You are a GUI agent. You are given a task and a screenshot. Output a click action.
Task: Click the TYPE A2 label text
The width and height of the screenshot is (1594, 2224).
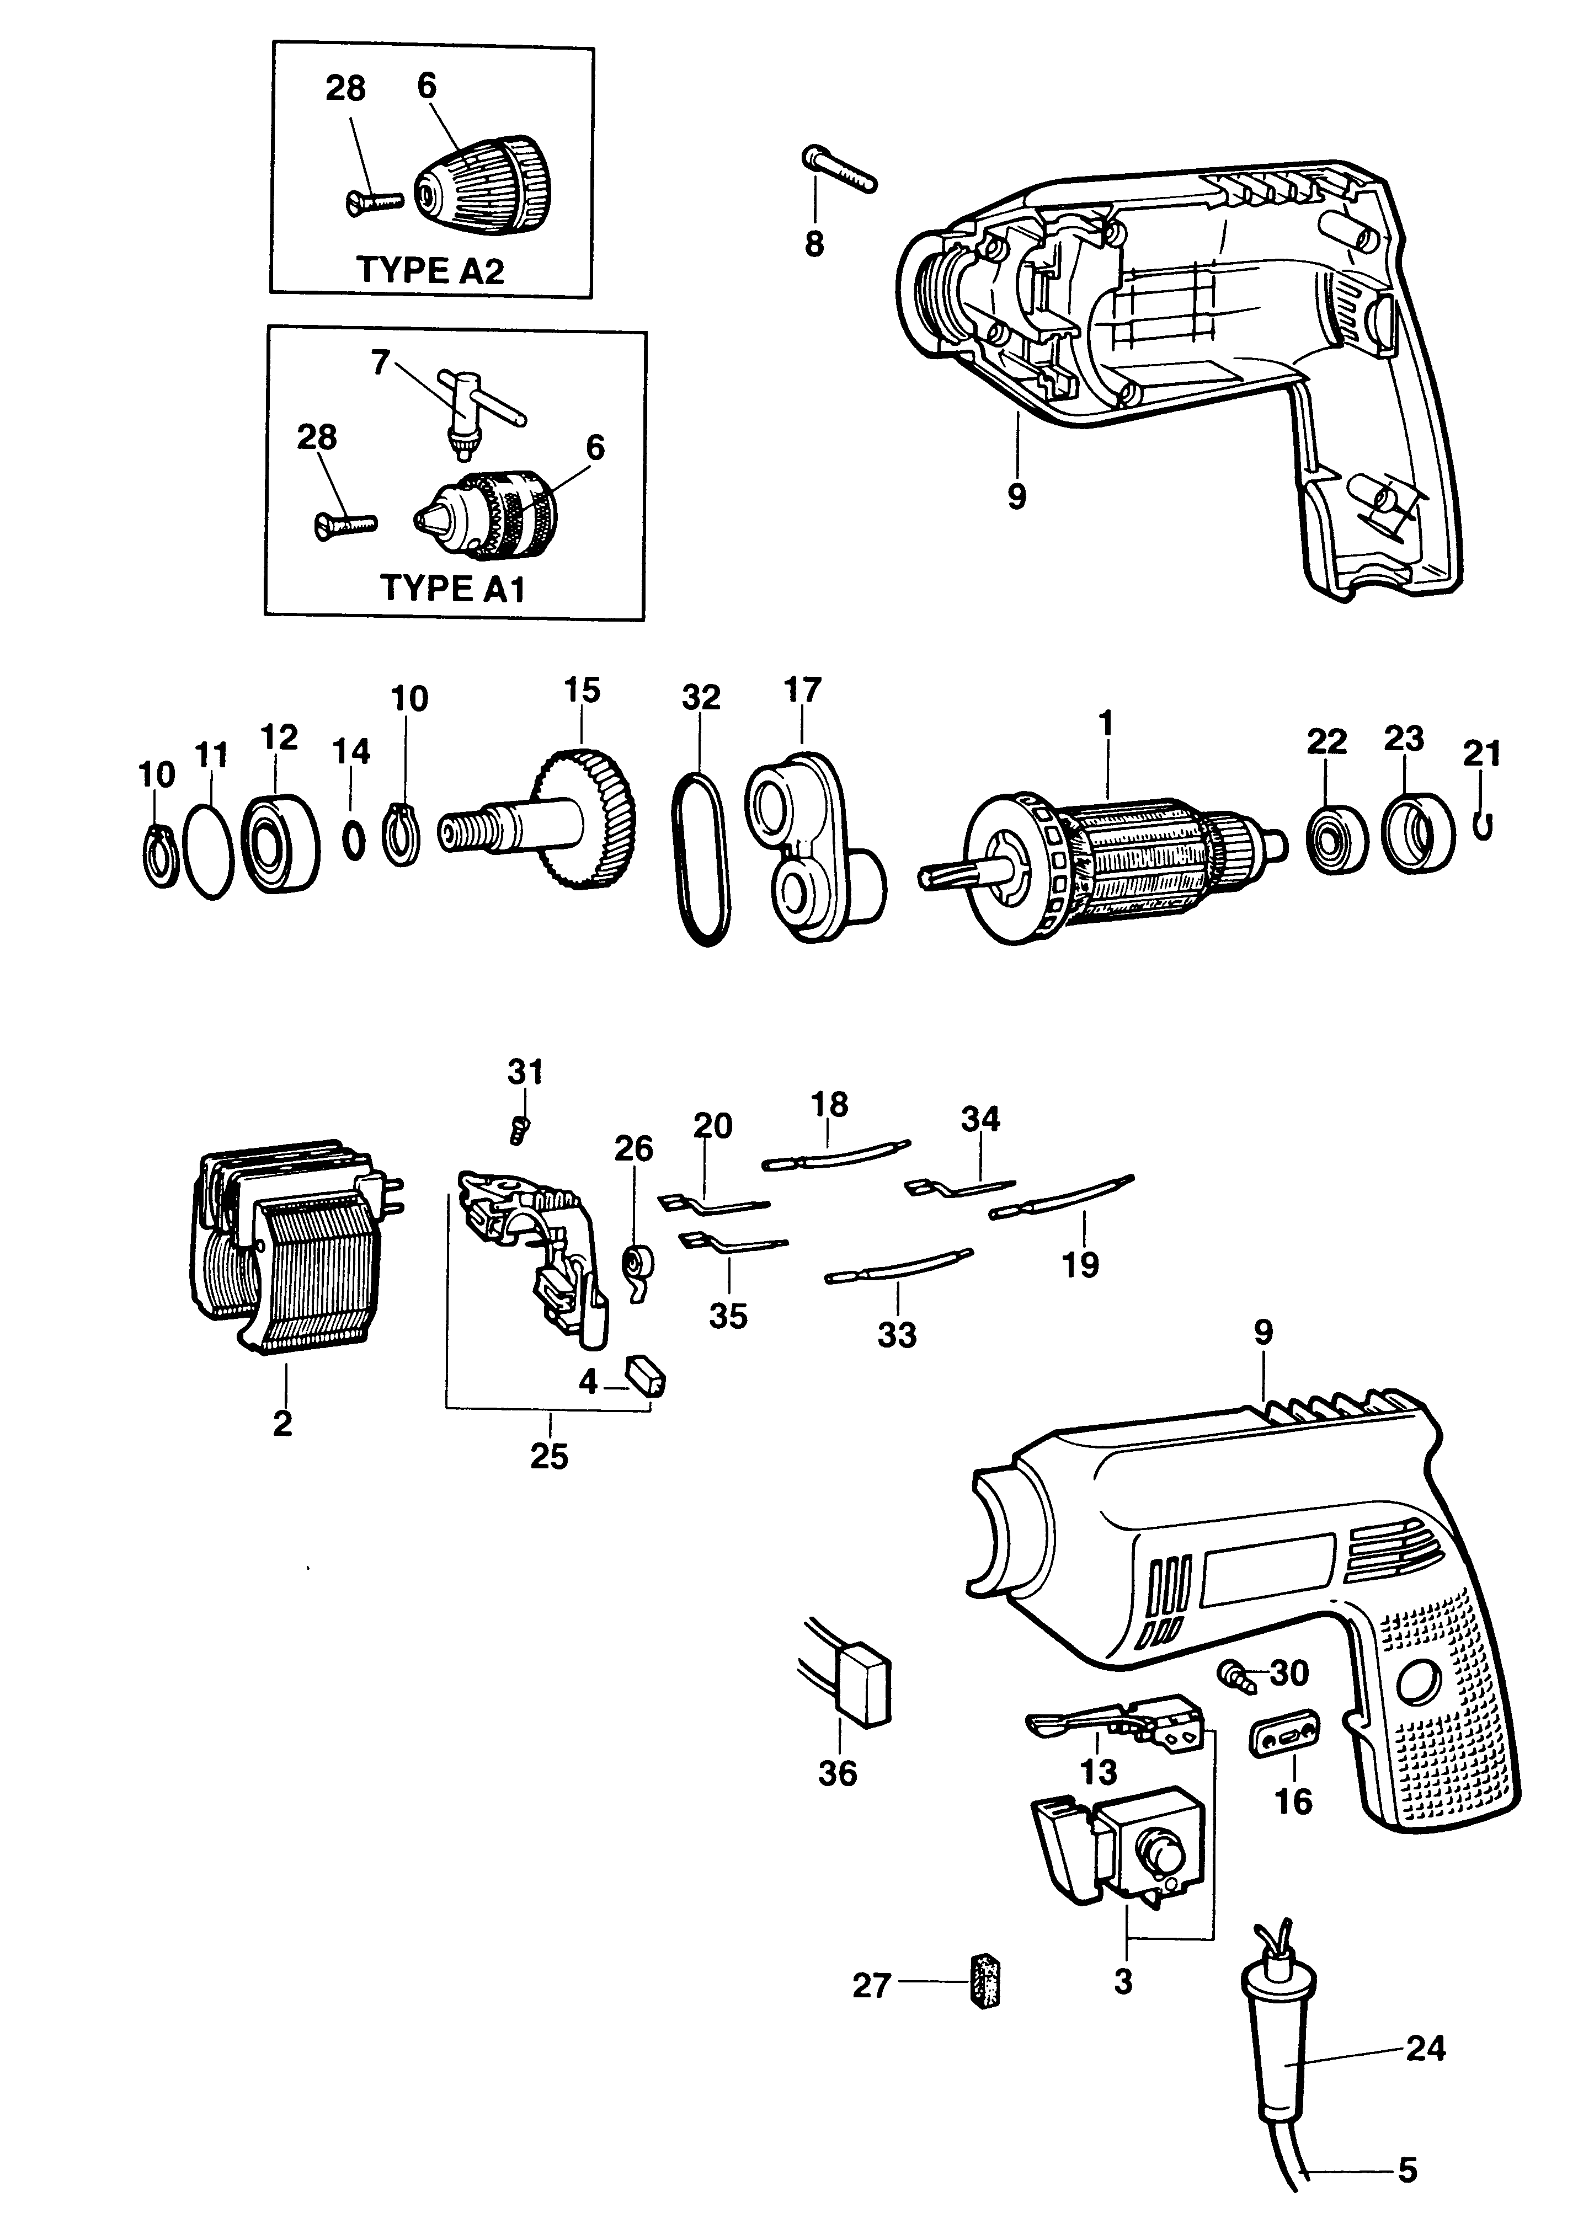pyautogui.click(x=430, y=270)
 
